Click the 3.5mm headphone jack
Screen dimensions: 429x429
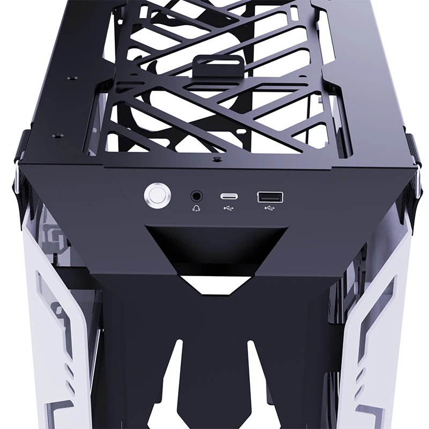coord(196,196)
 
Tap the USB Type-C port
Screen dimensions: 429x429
coord(228,196)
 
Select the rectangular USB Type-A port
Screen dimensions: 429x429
coord(267,197)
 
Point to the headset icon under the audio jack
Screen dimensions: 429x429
coord(196,208)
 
